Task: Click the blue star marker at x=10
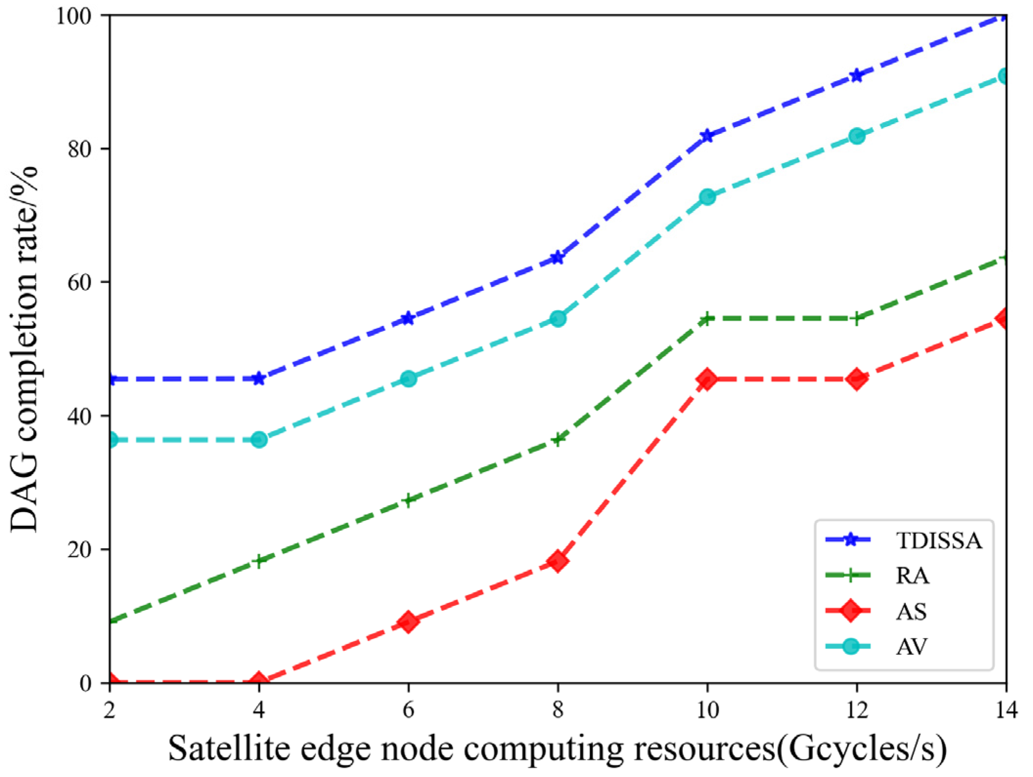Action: click(707, 136)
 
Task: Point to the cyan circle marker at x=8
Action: click(558, 319)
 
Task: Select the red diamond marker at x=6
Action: click(409, 622)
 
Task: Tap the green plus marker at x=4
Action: click(259, 561)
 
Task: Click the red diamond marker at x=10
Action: click(707, 379)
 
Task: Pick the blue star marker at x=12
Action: click(856, 75)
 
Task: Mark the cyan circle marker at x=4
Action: click(259, 440)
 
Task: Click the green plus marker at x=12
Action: click(856, 319)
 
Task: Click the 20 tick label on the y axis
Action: click(81, 550)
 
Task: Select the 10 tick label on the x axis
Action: click(707, 709)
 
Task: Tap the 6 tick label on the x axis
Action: click(409, 709)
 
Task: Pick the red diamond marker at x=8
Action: click(558, 561)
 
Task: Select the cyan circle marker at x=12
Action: click(856, 136)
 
